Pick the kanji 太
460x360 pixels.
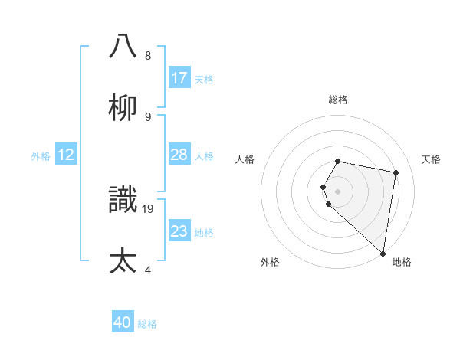pos(123,260)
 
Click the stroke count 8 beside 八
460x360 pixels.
pos(148,56)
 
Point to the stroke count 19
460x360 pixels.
pos(149,208)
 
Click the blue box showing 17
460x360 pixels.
pos(179,77)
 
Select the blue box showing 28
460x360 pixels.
pos(179,155)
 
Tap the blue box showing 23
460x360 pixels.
pos(179,231)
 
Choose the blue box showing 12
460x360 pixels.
pos(66,155)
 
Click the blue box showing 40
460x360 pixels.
pos(123,322)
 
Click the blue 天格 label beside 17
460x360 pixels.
pos(204,79)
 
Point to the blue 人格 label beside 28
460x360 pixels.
pos(204,156)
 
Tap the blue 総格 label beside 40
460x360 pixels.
pos(147,324)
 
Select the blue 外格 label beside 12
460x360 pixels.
pos(41,156)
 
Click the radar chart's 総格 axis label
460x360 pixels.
pos(338,100)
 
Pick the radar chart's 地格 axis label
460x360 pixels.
pos(402,262)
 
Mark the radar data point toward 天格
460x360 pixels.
pos(396,173)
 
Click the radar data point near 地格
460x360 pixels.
pos(383,252)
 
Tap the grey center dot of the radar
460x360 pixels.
pos(338,191)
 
